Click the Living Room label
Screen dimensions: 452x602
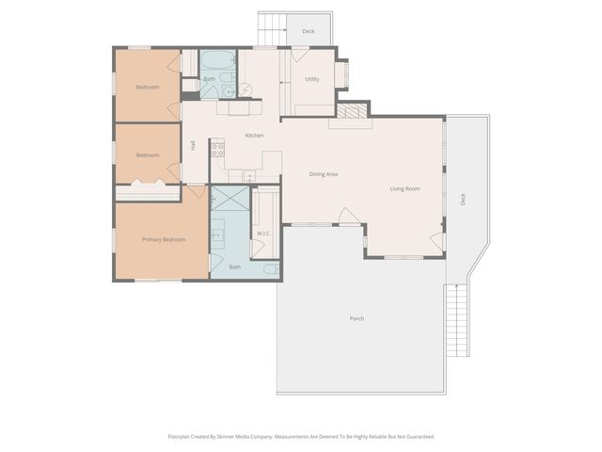click(x=404, y=189)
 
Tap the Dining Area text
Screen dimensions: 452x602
click(x=324, y=174)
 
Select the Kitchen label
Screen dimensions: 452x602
click(x=254, y=136)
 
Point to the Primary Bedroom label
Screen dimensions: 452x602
click(x=164, y=239)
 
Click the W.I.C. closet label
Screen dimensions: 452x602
click(x=263, y=233)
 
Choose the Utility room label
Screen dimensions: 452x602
click(x=312, y=79)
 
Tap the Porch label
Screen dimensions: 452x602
click(x=356, y=318)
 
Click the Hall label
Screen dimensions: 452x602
click(x=193, y=145)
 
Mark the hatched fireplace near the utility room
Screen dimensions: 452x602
click(x=354, y=111)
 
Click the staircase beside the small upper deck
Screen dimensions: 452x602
click(x=271, y=31)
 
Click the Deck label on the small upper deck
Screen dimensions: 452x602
click(x=308, y=32)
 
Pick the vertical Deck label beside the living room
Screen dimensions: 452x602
click(x=463, y=200)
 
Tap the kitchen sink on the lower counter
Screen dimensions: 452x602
click(x=248, y=176)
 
